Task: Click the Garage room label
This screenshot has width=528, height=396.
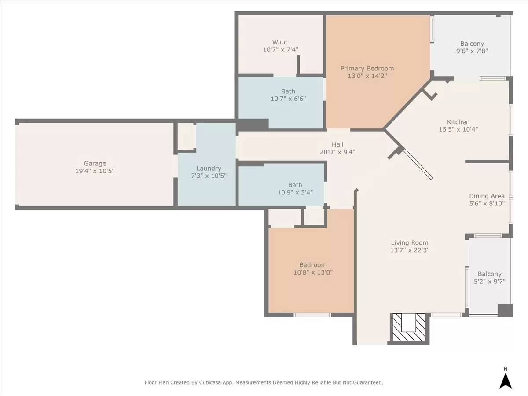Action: pos(95,164)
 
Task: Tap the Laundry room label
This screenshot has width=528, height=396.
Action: pos(209,168)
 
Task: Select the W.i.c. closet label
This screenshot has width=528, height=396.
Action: pos(280,42)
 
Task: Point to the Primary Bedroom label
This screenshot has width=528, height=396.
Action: pos(367,68)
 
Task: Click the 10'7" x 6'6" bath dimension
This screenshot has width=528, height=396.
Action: pos(288,99)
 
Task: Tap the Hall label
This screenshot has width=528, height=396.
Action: pos(337,144)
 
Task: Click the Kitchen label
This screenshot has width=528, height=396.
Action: pos(458,122)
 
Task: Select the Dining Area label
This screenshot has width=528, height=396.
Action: pos(487,196)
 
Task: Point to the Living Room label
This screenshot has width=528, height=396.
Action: pos(410,242)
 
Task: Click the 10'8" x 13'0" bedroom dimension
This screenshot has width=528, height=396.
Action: pos(313,272)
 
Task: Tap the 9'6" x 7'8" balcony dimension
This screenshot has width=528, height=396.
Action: pos(472,51)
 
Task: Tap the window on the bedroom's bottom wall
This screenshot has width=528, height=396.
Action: pos(312,315)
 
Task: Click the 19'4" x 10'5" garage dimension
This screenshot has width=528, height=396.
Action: pos(95,171)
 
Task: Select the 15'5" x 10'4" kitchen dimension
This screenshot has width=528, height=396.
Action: pos(458,129)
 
